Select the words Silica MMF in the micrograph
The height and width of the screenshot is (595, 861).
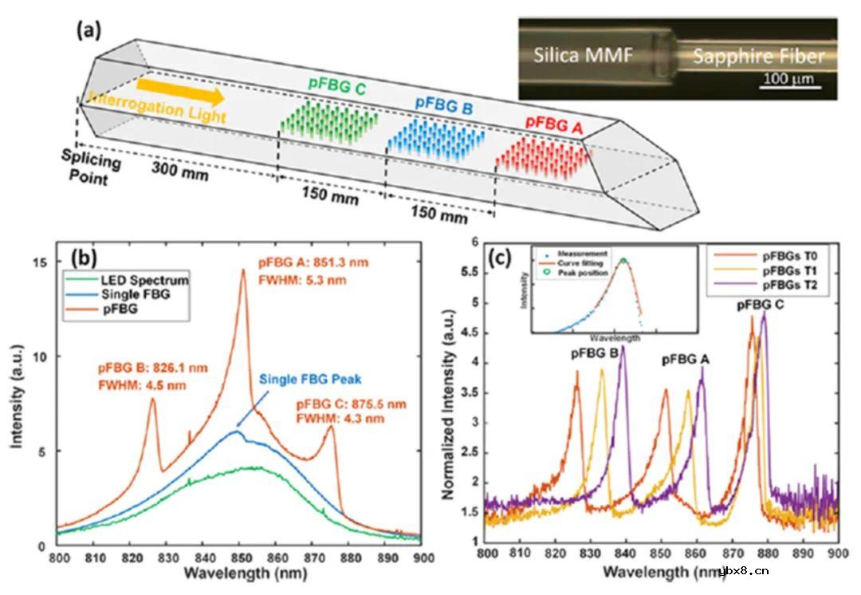click(584, 55)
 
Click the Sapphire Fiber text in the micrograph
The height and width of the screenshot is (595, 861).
click(753, 57)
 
